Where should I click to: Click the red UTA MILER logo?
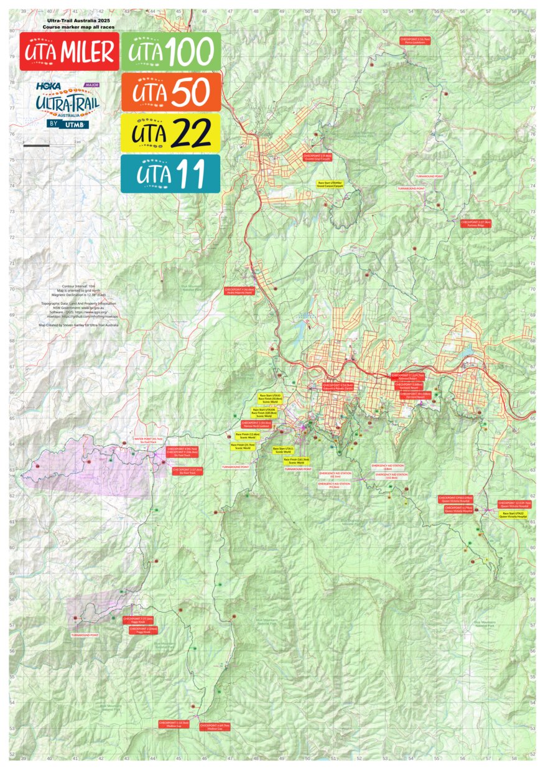(69, 52)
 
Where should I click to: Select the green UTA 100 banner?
(170, 52)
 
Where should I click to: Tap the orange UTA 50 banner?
(170, 92)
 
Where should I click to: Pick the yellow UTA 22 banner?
(170, 133)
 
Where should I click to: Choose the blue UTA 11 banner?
(170, 174)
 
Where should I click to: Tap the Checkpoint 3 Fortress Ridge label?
(476, 223)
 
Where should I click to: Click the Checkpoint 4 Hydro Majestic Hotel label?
(238, 291)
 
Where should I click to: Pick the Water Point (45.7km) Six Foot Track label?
(148, 440)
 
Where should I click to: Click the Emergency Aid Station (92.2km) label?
(333, 485)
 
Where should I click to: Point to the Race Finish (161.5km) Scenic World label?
(297, 461)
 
